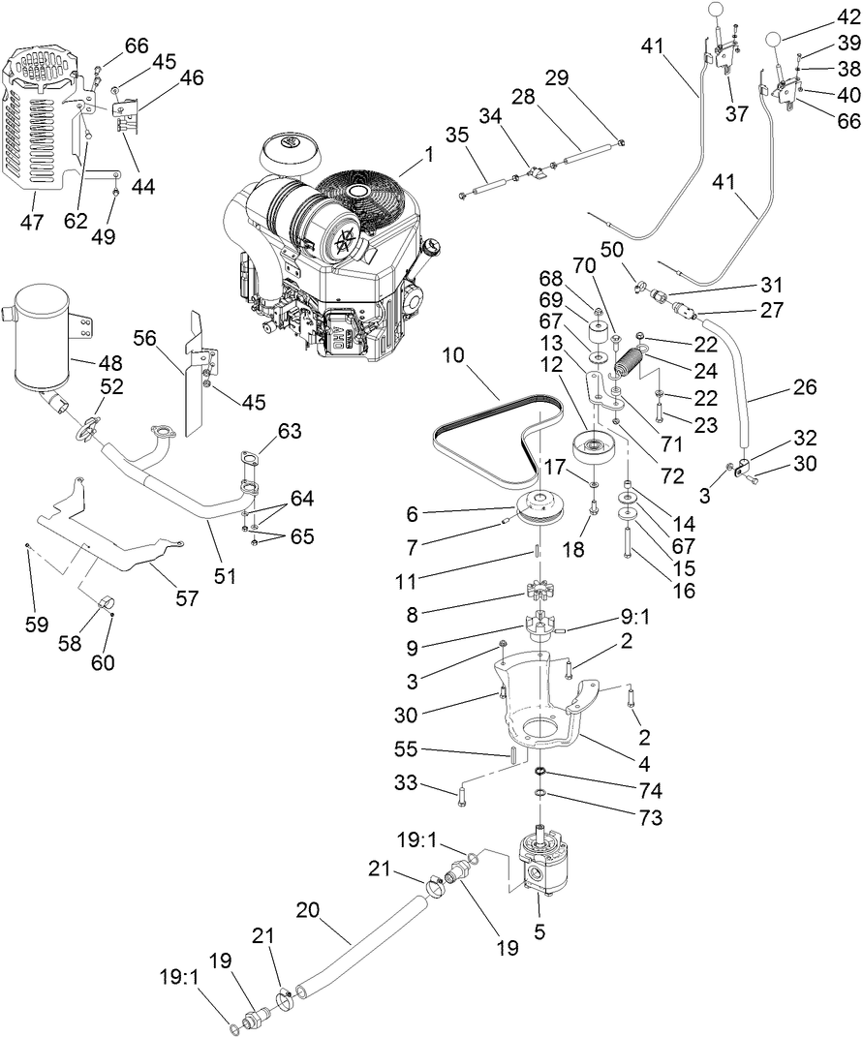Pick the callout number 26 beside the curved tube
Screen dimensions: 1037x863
pos(804,387)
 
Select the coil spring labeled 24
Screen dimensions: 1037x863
pos(632,368)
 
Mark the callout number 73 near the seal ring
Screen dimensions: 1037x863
pos(651,818)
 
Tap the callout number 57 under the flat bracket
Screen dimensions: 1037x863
pos(186,598)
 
